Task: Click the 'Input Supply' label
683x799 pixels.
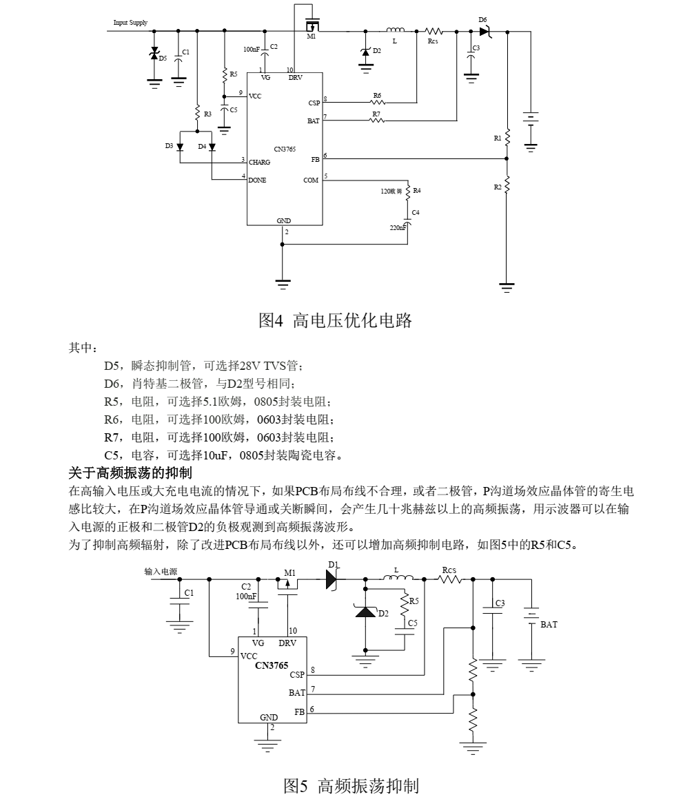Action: [x=130, y=23]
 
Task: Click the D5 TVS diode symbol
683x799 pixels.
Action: [x=154, y=52]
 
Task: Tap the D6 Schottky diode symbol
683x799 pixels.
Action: [x=485, y=32]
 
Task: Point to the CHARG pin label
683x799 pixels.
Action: [x=259, y=162]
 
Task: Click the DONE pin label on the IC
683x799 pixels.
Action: [x=257, y=180]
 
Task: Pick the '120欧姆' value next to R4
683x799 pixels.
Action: [x=391, y=191]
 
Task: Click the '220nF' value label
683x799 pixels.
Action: [x=398, y=227]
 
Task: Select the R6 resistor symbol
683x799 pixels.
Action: [x=377, y=102]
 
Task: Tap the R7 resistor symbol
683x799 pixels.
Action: [x=377, y=121]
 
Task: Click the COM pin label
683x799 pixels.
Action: [x=311, y=180]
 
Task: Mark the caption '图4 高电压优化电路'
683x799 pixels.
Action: [x=335, y=320]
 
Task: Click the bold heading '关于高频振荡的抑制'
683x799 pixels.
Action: [x=130, y=473]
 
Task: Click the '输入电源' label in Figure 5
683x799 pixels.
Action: [x=161, y=572]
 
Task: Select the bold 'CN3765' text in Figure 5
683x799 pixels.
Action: [x=272, y=665]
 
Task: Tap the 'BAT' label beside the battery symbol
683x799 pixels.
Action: [x=549, y=624]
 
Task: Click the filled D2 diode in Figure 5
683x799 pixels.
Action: [x=365, y=611]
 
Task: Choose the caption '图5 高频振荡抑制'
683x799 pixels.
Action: [x=351, y=786]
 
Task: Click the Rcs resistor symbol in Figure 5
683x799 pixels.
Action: [x=450, y=579]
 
